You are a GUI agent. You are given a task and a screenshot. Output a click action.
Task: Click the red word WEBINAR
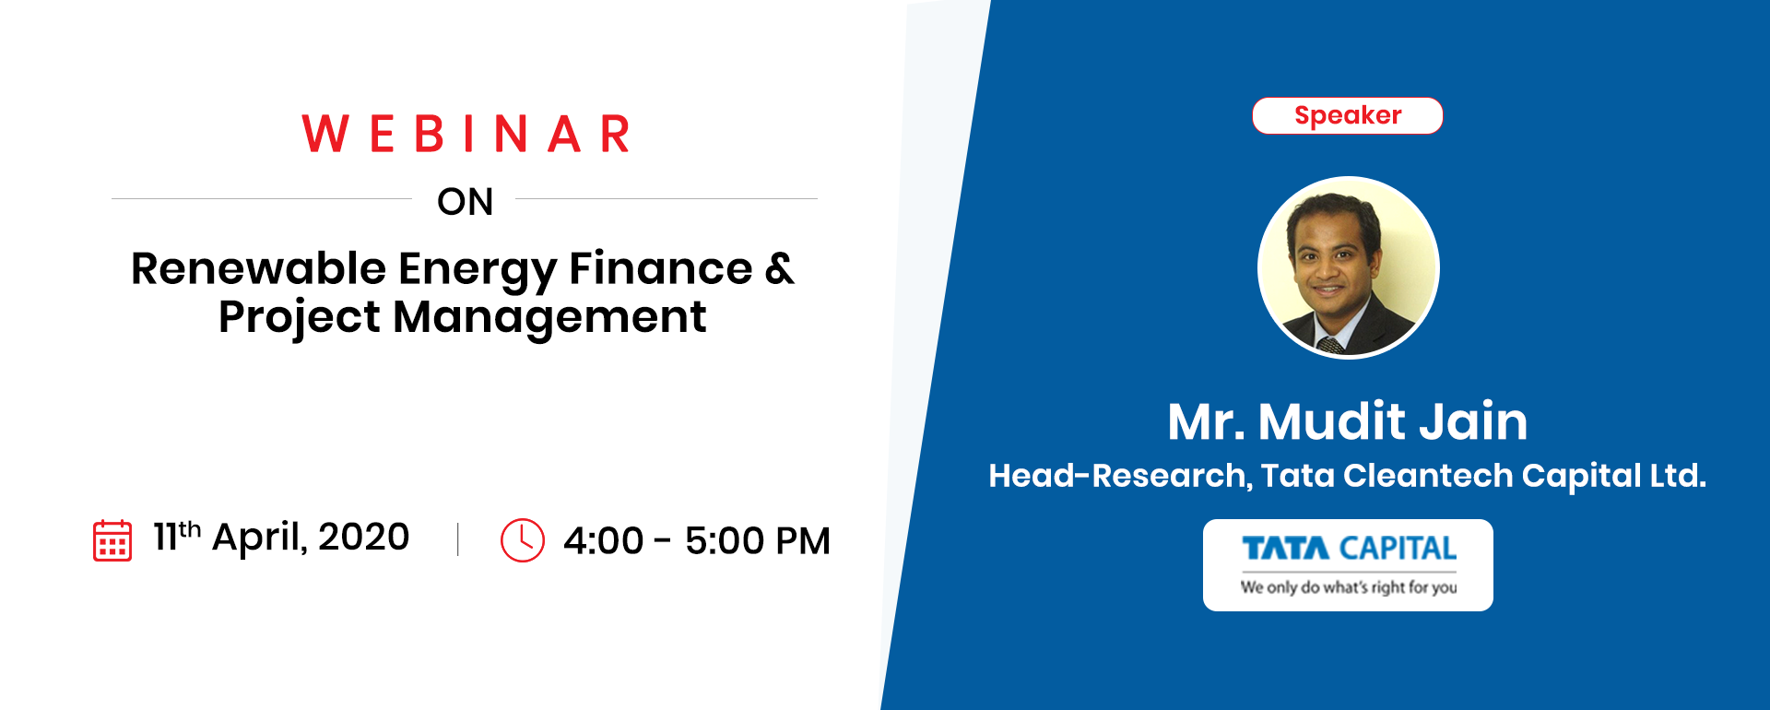[466, 134]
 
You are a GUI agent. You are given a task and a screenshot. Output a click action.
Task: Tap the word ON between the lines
[466, 202]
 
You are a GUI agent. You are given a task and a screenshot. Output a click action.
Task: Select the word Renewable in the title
[258, 268]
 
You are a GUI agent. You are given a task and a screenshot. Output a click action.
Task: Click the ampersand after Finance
[779, 268]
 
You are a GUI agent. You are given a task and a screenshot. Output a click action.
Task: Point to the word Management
[549, 318]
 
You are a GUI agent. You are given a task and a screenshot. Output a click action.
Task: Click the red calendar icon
[112, 539]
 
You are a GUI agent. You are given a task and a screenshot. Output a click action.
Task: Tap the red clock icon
[523, 540]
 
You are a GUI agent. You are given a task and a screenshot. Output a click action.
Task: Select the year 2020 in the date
[363, 537]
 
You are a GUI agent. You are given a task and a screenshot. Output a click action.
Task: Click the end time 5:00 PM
[758, 541]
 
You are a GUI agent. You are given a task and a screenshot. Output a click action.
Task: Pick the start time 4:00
[603, 541]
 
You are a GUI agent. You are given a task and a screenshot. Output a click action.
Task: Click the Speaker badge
[1348, 115]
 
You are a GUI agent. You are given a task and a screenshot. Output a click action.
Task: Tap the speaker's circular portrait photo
[1349, 267]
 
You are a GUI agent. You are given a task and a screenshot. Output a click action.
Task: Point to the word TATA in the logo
[1286, 549]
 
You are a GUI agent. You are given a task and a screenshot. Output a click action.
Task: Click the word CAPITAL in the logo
[1398, 549]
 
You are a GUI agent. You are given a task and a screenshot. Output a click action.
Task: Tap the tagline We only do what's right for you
[1349, 587]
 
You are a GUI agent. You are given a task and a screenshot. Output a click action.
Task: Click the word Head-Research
[1120, 476]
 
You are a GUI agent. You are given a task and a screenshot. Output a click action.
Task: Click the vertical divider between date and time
[458, 539]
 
